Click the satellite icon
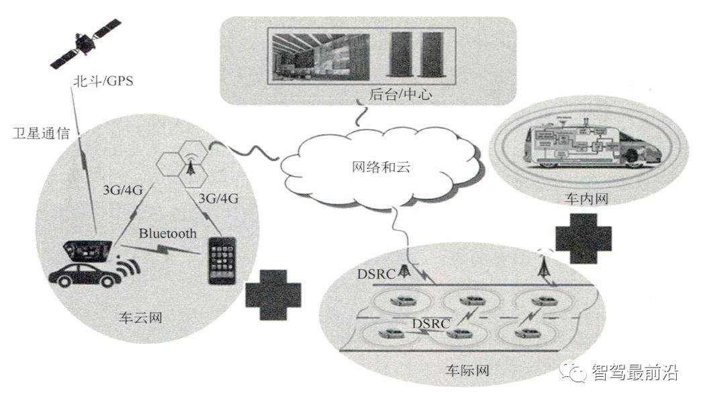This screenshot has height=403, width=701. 85,43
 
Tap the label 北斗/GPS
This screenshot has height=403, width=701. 103,81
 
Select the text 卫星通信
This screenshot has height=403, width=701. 41,133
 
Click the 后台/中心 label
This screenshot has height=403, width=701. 401,94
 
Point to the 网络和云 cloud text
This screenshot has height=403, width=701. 381,167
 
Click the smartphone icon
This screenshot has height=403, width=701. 222,261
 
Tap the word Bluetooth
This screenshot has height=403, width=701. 168,233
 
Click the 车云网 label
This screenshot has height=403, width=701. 140,318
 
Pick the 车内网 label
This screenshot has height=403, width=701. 586,198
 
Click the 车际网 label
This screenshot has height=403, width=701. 467,370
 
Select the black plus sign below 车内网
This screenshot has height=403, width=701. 583,238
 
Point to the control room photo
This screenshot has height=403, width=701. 320,57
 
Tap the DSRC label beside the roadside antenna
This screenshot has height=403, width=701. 377,273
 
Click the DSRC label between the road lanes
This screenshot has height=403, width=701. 431,323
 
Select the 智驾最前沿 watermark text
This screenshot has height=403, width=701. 635,371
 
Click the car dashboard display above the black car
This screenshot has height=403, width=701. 87,251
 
